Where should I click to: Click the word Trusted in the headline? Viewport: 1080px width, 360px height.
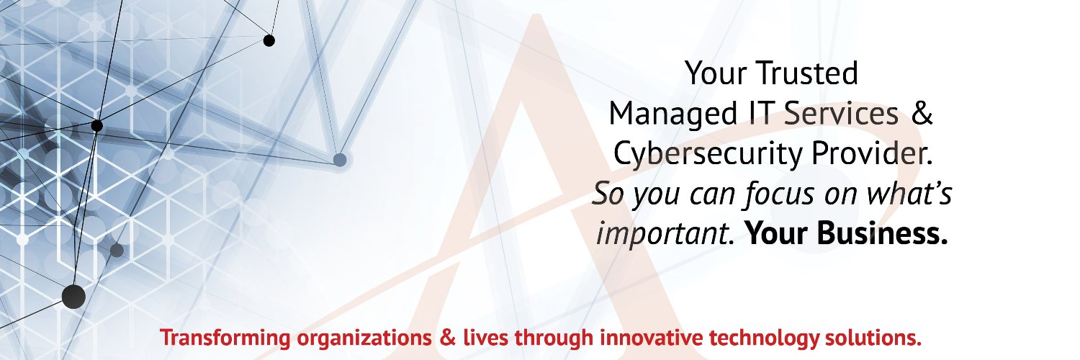point(807,73)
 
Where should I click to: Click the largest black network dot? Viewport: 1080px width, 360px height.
point(73,296)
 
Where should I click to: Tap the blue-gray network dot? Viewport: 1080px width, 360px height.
point(340,159)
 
